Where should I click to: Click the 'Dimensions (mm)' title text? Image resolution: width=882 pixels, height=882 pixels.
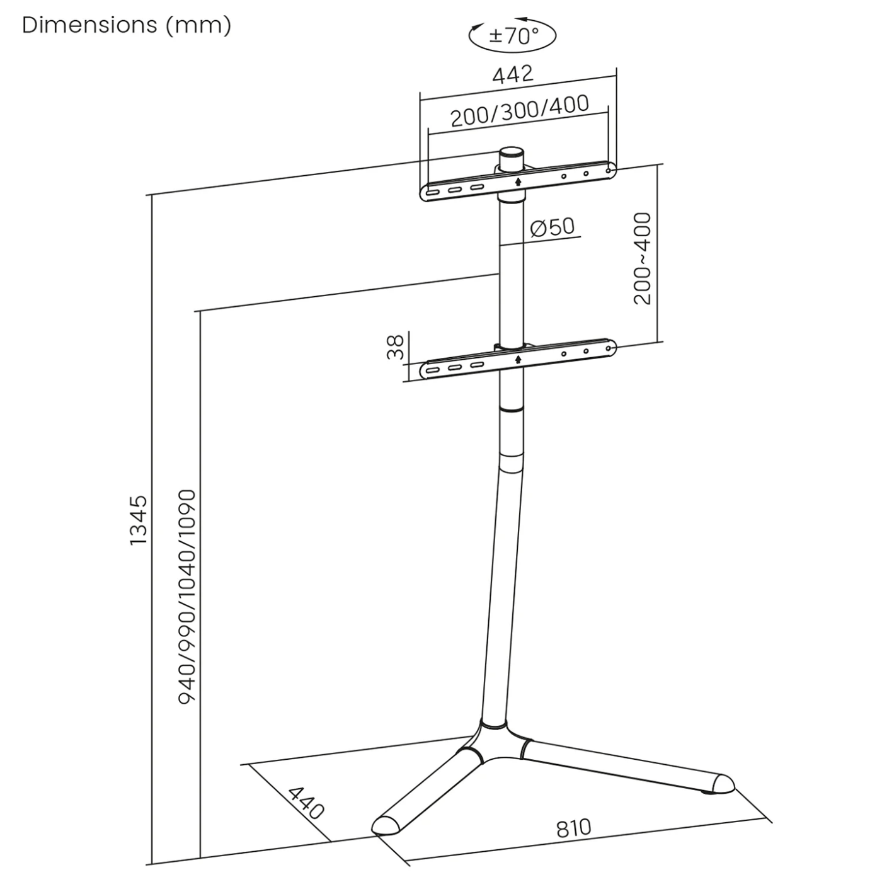[127, 25]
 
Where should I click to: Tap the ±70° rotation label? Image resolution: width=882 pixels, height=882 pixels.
[513, 36]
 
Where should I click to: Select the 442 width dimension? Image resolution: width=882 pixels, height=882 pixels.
[512, 74]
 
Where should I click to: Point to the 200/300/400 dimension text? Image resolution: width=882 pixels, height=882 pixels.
[520, 112]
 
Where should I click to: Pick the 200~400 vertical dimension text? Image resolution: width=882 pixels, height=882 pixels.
[642, 258]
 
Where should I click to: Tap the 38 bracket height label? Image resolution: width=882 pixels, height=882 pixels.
[396, 347]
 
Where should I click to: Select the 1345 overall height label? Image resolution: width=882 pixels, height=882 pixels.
[138, 520]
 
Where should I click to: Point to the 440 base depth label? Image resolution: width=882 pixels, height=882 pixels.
[306, 802]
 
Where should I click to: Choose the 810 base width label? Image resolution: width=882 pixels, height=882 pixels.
[573, 828]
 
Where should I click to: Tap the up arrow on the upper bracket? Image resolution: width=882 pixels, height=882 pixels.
[518, 181]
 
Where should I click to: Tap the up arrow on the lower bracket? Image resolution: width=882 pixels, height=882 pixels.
[518, 359]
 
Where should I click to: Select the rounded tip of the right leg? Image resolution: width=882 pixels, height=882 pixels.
[722, 784]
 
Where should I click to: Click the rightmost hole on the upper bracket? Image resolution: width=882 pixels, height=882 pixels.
[608, 170]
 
